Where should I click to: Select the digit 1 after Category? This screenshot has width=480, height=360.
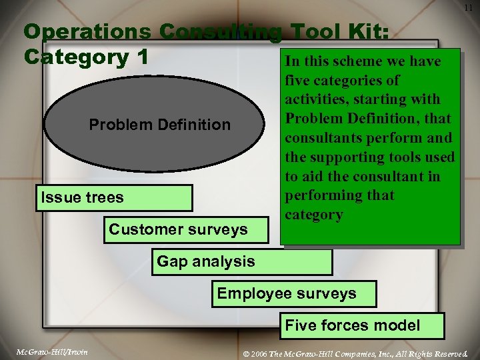click(x=141, y=57)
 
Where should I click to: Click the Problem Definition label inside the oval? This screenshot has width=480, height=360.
click(x=160, y=125)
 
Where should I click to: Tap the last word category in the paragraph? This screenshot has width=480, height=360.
click(x=313, y=215)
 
